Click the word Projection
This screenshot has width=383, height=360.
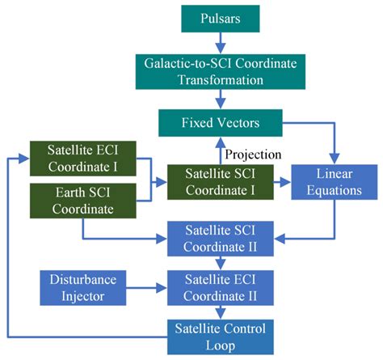coord(253,154)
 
